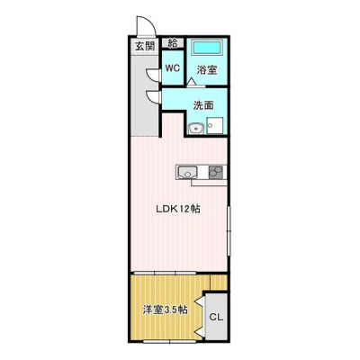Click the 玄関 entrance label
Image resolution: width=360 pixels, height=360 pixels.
tap(145, 46)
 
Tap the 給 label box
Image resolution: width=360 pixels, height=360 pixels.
tap(173, 42)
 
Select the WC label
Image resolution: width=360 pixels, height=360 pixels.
tap(173, 68)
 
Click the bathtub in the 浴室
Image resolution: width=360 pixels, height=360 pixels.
tap(207, 48)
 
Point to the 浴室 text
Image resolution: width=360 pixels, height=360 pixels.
tap(207, 70)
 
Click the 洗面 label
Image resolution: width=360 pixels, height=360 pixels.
tap(203, 105)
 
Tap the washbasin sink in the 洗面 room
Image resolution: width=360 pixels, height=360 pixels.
tap(196, 129)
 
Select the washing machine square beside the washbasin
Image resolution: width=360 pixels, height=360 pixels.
tap(215, 126)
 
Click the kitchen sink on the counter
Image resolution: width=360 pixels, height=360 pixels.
tap(187, 173)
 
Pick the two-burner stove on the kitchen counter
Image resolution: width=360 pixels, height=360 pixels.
tap(216, 173)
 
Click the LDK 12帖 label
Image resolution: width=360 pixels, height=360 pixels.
tap(178, 209)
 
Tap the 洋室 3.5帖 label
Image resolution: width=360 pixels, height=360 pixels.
tap(165, 310)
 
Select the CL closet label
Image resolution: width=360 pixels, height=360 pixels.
tap(216, 317)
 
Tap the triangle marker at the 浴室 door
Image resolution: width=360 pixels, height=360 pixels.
tap(191, 82)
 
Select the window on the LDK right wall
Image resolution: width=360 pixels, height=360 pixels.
tap(229, 230)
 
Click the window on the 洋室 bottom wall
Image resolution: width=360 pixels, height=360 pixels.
tap(170, 341)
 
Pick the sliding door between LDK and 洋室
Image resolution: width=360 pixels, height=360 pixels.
tap(165, 273)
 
